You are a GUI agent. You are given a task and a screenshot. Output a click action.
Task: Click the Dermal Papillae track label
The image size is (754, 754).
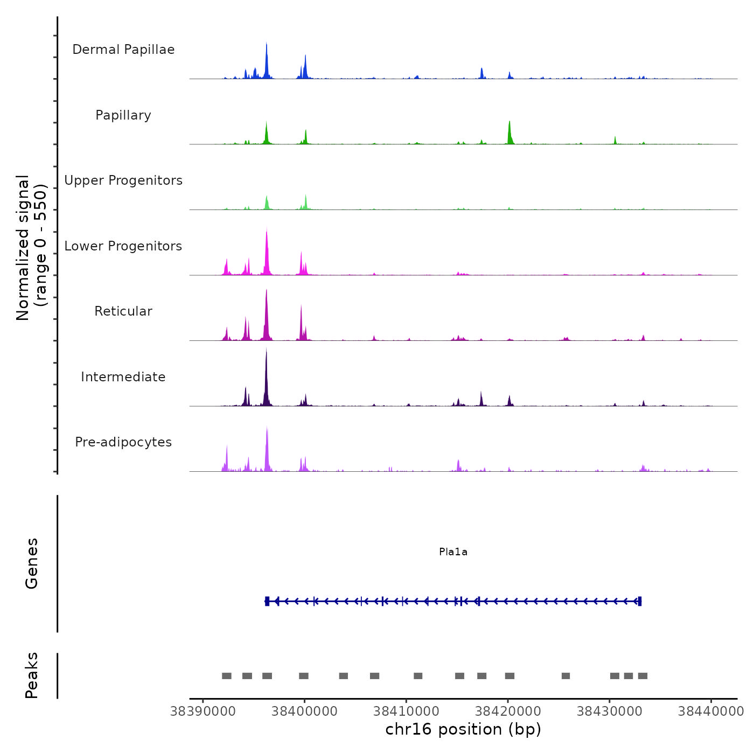123,50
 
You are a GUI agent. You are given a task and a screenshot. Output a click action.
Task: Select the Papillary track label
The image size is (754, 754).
123,115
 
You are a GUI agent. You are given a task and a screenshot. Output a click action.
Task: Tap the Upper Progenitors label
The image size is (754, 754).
123,180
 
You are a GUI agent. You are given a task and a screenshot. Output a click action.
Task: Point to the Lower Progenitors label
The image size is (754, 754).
123,246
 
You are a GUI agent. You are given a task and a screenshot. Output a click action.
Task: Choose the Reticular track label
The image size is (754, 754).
123,311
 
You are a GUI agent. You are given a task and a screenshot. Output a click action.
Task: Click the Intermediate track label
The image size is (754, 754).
123,377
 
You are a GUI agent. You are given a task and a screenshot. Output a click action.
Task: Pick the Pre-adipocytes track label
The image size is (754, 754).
123,442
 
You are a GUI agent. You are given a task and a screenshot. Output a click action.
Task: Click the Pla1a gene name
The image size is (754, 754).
453,552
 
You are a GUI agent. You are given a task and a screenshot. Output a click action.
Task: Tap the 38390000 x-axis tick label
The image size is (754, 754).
203,711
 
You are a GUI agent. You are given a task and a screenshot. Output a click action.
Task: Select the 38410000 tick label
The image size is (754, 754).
406,711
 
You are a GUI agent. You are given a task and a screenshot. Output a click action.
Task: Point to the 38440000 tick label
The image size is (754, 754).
711,711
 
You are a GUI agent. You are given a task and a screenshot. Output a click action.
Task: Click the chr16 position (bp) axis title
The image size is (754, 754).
463,729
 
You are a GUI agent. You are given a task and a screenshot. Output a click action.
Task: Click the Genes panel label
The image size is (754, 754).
32,563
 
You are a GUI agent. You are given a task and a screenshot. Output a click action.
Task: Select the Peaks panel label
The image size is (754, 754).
32,675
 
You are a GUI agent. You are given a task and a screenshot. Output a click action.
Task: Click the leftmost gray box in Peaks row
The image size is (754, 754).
227,676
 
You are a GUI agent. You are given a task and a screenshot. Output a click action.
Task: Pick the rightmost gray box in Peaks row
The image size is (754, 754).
643,676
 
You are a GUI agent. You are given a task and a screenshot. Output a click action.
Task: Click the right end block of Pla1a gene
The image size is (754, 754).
639,602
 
